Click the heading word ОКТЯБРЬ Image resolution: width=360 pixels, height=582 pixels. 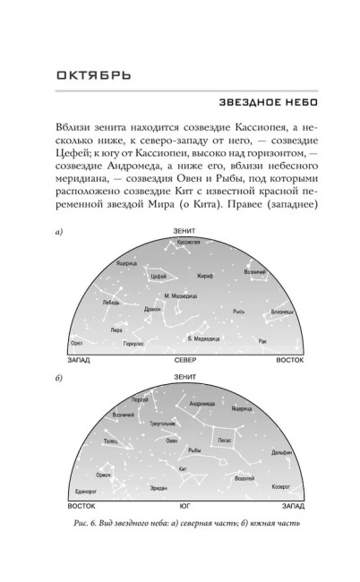[85, 72]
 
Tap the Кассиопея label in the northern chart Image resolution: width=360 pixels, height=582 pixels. [188, 243]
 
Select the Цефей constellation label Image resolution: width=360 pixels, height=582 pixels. [135, 278]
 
